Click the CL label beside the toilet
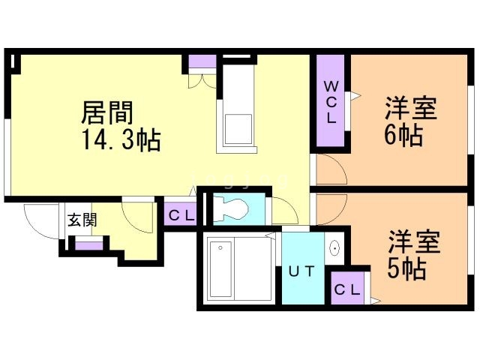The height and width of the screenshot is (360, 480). coord(181,216)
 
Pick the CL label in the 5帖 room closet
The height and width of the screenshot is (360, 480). coord(347,289)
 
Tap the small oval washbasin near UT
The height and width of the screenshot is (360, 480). coord(334,247)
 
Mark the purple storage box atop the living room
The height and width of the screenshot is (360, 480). coord(199,63)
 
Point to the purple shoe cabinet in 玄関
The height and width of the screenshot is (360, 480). coord(88,244)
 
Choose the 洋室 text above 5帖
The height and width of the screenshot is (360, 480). coord(413,241)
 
